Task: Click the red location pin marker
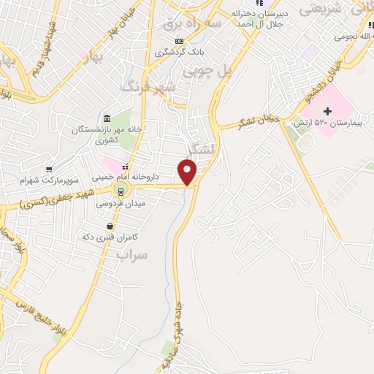(x=188, y=172)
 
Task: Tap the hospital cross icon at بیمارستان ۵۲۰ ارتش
(x=327, y=111)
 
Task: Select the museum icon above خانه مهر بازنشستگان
(x=107, y=118)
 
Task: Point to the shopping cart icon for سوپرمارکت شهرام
(x=49, y=169)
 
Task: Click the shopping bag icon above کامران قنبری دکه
(x=110, y=226)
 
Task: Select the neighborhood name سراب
(x=132, y=256)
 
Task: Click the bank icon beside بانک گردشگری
(x=180, y=42)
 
